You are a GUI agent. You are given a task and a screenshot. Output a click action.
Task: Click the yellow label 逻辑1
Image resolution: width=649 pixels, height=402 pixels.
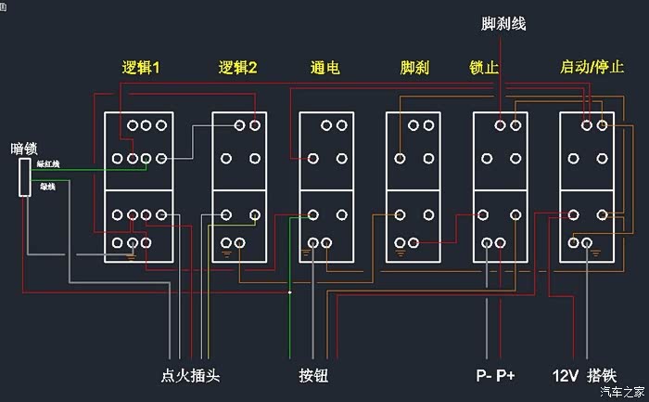tap(142, 68)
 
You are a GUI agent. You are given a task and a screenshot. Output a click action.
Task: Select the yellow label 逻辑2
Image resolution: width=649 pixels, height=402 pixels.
tap(237, 68)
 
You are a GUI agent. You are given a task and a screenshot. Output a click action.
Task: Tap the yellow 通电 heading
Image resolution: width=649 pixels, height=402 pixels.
tap(324, 68)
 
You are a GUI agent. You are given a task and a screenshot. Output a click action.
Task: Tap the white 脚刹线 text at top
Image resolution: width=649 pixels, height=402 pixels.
tap(504, 23)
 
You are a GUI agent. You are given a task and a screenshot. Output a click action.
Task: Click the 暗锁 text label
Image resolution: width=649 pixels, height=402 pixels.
tap(25, 147)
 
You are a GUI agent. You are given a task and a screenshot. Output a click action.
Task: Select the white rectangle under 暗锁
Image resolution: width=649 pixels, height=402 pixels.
tap(26, 176)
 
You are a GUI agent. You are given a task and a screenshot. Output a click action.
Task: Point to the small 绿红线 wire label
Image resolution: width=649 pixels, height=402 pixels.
tap(48, 164)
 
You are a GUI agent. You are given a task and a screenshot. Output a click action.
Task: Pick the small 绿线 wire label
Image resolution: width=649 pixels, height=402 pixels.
tap(46, 187)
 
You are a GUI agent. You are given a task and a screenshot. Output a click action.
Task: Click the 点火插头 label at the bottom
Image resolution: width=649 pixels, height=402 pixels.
tap(190, 376)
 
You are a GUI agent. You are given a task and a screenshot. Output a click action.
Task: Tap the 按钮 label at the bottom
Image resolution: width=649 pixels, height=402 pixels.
tap(313, 376)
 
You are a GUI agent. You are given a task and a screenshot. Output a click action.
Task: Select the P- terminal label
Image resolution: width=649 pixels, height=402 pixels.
tap(483, 376)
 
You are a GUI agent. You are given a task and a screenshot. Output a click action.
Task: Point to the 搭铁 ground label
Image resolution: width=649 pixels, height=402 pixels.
tap(601, 376)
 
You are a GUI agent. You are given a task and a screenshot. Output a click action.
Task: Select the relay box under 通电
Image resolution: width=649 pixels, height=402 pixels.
tap(325, 188)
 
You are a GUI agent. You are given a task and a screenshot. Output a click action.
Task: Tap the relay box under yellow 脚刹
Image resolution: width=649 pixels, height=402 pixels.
tap(413, 188)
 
